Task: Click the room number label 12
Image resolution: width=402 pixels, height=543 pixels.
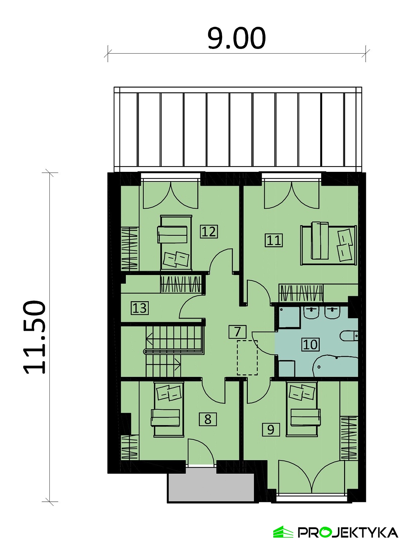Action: (209, 231)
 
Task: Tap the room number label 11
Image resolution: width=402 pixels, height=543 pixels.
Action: (274, 240)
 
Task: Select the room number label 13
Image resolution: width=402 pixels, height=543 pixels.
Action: (139, 308)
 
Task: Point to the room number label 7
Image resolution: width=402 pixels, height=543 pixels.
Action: (237, 332)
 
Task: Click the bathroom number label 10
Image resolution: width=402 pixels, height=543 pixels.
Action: (310, 344)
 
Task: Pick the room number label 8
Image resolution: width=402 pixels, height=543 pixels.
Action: (208, 419)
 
